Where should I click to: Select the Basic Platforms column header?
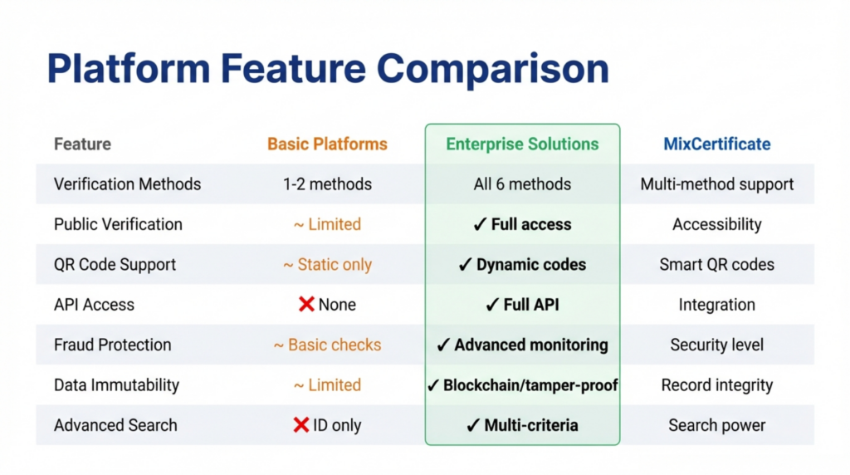[327, 144]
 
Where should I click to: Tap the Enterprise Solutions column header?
[522, 144]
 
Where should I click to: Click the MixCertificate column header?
[716, 144]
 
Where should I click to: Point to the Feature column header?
[82, 144]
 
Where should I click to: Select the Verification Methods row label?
[127, 184]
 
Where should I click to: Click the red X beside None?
[306, 305]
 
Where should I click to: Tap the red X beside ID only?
[301, 425]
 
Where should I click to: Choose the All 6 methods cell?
[522, 184]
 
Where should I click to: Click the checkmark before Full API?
[492, 305]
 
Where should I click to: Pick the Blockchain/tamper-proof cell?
[522, 385]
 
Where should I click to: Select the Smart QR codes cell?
[716, 265]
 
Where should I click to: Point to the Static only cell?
[327, 265]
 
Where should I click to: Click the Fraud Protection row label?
[112, 345]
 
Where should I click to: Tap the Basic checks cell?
[327, 345]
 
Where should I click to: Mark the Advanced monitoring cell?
[522, 345]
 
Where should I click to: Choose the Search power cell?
[716, 425]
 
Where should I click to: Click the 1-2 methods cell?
[327, 184]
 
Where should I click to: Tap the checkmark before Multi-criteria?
[473, 425]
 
